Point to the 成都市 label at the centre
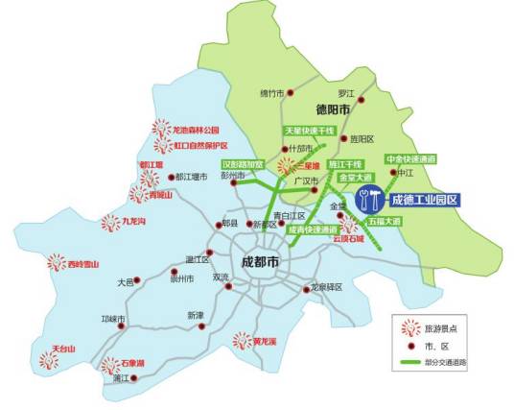point(259,261)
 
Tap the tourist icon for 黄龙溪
point(243,340)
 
